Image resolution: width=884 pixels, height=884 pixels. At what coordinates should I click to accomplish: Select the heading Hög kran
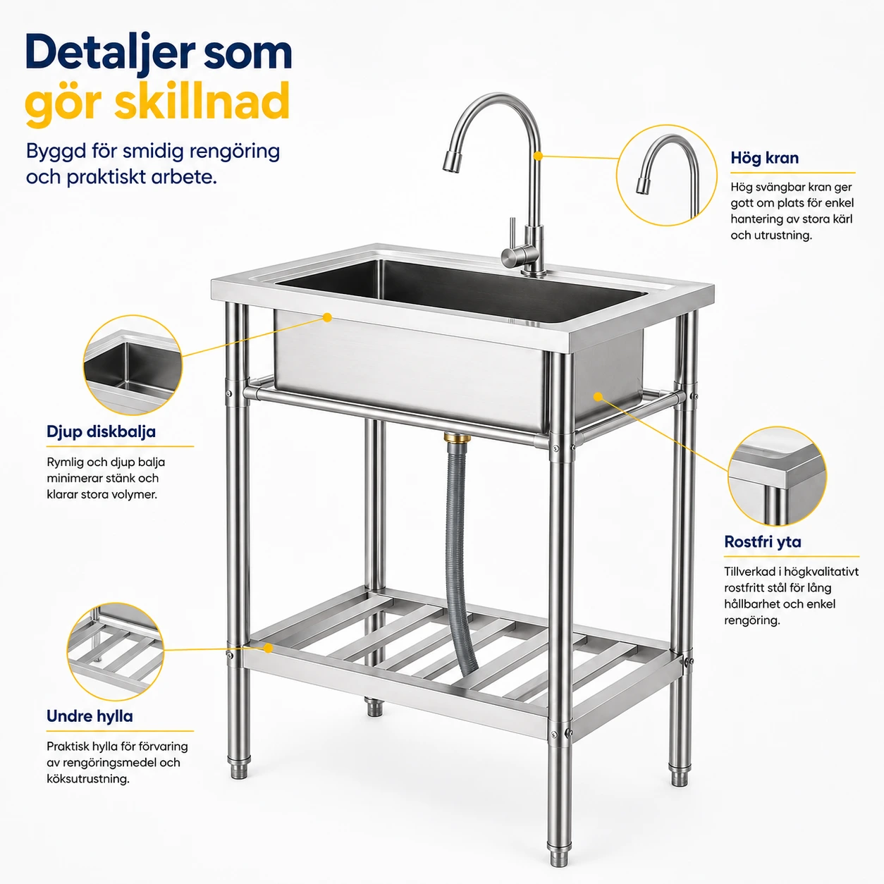point(765,159)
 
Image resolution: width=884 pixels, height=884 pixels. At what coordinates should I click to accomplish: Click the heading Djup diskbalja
point(101,432)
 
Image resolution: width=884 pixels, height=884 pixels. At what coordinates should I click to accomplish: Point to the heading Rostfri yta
point(763,542)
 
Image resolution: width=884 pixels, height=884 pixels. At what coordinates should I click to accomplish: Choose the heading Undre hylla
point(90,716)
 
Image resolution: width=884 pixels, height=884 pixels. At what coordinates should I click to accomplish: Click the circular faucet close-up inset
point(666,176)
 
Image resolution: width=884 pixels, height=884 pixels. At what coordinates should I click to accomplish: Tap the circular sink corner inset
point(133,365)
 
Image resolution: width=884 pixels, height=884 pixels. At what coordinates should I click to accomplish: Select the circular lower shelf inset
point(116,651)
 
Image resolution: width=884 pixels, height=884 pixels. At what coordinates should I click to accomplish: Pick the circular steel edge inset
point(777,476)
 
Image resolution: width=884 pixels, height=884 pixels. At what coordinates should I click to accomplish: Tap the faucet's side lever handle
point(513,237)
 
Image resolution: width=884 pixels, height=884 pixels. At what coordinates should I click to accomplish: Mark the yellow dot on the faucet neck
point(539,156)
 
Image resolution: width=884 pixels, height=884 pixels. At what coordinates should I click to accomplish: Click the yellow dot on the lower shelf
point(269,648)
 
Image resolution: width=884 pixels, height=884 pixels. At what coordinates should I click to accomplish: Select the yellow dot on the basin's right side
point(598,396)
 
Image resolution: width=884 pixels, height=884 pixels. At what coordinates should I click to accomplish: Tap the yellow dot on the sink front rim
point(327,317)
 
